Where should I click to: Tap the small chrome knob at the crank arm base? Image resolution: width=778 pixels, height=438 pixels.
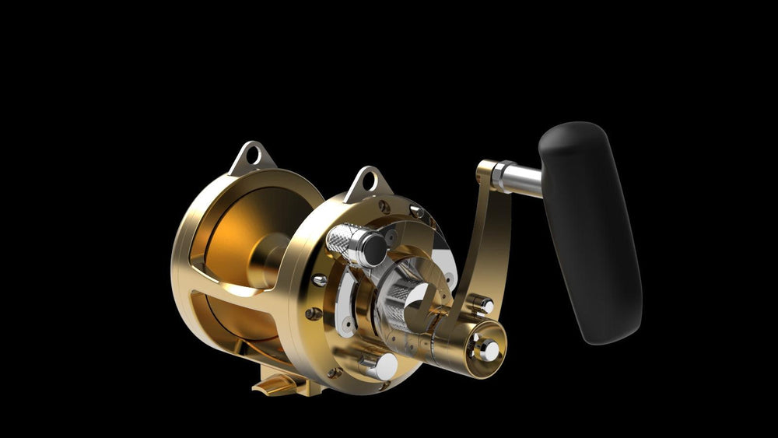tap(483, 303)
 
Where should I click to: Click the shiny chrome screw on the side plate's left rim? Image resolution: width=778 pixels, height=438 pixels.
tap(319, 280)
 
